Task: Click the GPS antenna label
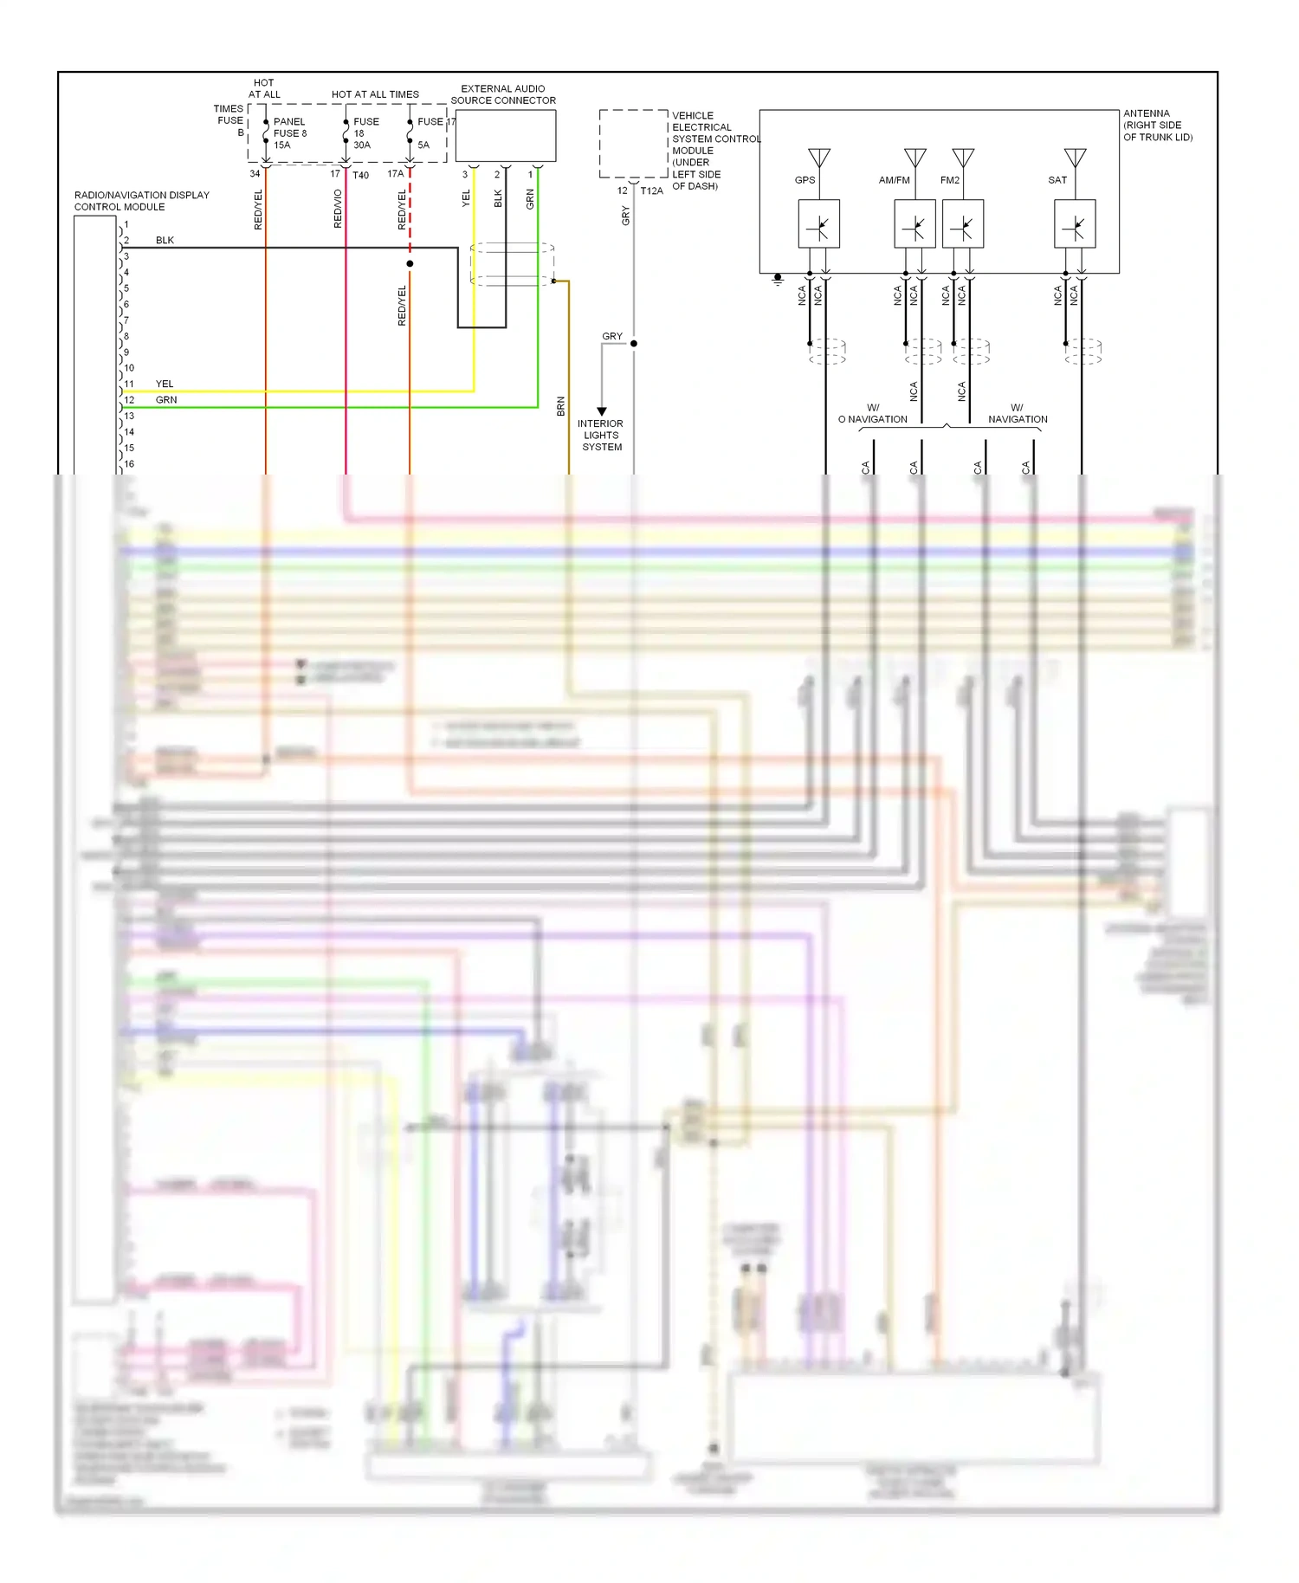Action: pyautogui.click(x=805, y=180)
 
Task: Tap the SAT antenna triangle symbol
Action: pyautogui.click(x=1075, y=158)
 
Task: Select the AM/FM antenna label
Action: pyautogui.click(x=894, y=180)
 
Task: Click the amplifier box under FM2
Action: pyautogui.click(x=962, y=224)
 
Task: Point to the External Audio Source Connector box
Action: pyautogui.click(x=505, y=136)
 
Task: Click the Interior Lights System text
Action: pyautogui.click(x=602, y=436)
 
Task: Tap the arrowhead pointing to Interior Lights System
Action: pyautogui.click(x=602, y=411)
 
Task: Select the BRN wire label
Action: pyautogui.click(x=560, y=406)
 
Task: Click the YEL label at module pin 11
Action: pyautogui.click(x=165, y=384)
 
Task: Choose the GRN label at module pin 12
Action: pyautogui.click(x=166, y=400)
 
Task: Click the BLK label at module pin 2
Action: pyautogui.click(x=165, y=240)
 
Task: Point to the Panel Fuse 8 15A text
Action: pyautogui.click(x=290, y=133)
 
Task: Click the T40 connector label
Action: pyautogui.click(x=360, y=176)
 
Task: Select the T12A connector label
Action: pyautogui.click(x=651, y=191)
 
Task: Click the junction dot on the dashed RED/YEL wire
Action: pyautogui.click(x=410, y=263)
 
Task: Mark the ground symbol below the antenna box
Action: pyautogui.click(x=778, y=280)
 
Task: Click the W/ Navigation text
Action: pyautogui.click(x=1018, y=413)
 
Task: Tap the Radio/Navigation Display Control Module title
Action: pyautogui.click(x=141, y=201)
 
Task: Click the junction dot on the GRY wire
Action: pyautogui.click(x=634, y=344)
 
